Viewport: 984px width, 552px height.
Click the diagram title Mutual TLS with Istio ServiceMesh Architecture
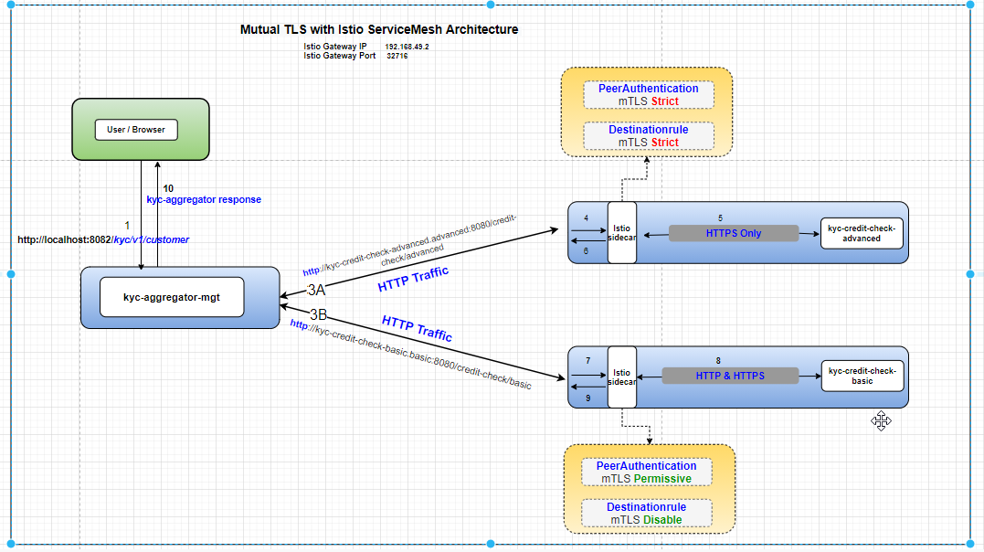[x=378, y=29]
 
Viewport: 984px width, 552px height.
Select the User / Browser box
[x=136, y=130]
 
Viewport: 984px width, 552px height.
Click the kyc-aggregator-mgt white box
[x=172, y=297]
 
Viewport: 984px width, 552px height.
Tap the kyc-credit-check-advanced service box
[x=862, y=233]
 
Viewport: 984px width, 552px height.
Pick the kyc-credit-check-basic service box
[x=862, y=376]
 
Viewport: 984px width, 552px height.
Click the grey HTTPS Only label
[x=733, y=233]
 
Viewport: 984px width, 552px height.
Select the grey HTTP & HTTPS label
[x=729, y=376]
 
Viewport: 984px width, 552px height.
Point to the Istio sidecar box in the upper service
[x=621, y=232]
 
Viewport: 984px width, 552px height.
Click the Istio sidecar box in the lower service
[x=621, y=377]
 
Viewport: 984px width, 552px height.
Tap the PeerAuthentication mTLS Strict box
[x=648, y=95]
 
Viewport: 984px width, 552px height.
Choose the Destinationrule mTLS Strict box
[x=648, y=136]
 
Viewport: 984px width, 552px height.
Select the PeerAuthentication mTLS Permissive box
[x=646, y=472]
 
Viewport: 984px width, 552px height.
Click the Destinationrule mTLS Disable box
[x=646, y=514]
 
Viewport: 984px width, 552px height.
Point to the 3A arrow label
[x=316, y=290]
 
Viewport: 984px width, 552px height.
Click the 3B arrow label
[x=318, y=314]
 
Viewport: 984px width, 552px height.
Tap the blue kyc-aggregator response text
[x=204, y=199]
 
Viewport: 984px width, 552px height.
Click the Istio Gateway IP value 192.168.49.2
[x=407, y=46]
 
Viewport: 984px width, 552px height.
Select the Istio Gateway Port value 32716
[x=397, y=56]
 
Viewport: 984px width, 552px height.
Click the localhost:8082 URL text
[x=103, y=239]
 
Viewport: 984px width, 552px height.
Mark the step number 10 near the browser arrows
[x=168, y=188]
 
